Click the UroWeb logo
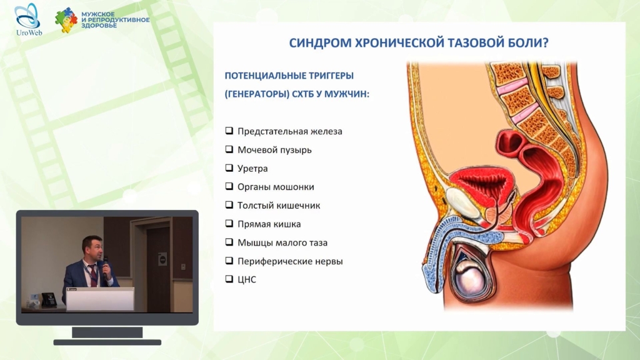pos(28,19)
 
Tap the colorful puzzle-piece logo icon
pos(66,19)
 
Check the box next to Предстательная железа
pos(229,131)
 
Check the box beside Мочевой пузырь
pos(229,149)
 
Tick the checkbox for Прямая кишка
pos(229,223)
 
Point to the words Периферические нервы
pos(290,261)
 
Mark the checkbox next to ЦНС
pos(229,279)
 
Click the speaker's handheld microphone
pos(106,267)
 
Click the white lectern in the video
pos(100,299)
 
